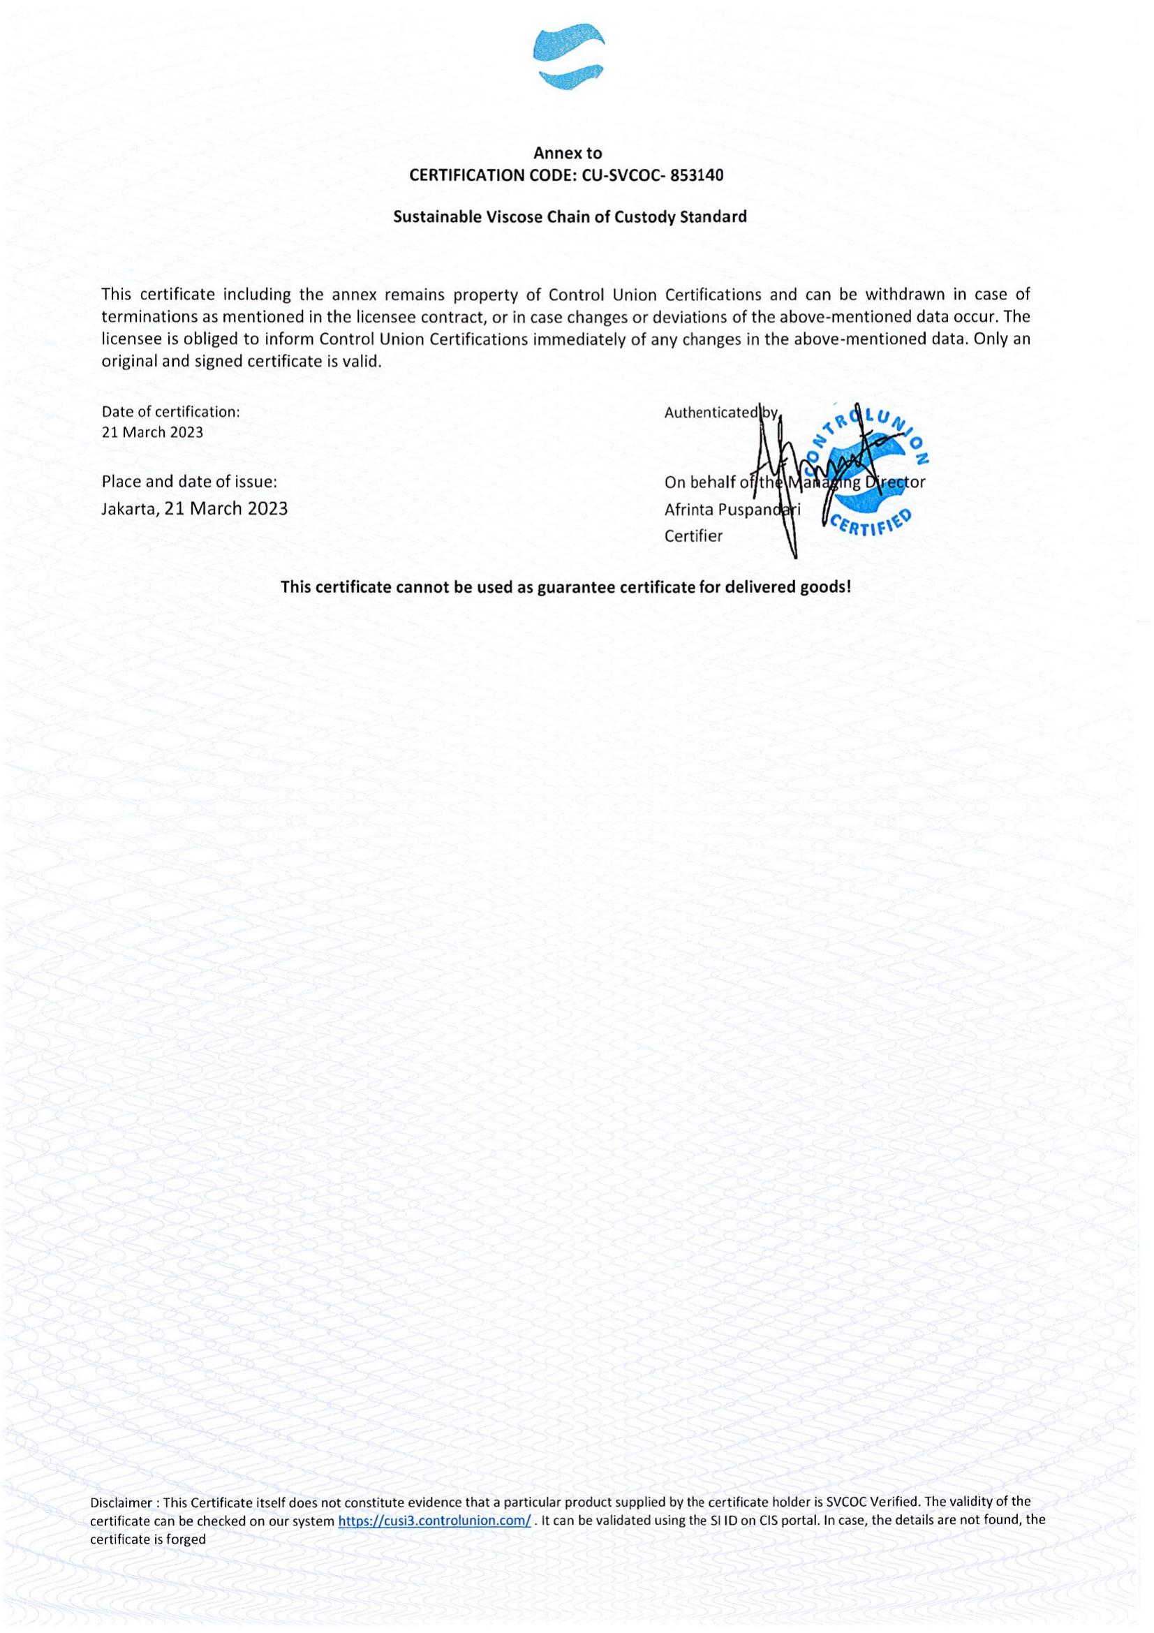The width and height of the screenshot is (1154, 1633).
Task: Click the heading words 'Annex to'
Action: click(568, 153)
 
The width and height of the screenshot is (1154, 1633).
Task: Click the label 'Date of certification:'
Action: click(170, 411)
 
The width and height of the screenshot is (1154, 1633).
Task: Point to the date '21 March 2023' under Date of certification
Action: click(152, 432)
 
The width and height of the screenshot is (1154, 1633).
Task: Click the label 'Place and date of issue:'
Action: click(189, 482)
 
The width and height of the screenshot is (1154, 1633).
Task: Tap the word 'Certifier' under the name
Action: click(693, 536)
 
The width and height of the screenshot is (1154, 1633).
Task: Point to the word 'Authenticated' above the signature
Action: click(710, 413)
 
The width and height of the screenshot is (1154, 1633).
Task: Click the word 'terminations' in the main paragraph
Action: click(145, 316)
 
